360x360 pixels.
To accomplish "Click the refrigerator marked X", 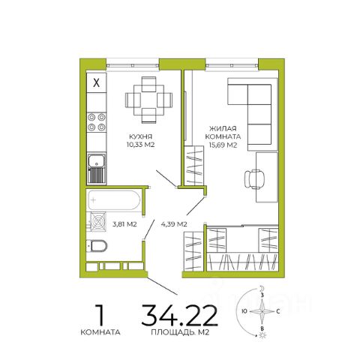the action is coord(96,82).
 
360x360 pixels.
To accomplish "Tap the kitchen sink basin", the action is coord(96,160).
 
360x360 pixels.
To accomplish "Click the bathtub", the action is coord(113,200).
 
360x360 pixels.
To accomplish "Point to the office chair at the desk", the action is coord(254,179).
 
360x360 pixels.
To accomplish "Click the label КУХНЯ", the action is coord(140,136).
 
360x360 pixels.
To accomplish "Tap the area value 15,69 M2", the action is coord(223,145).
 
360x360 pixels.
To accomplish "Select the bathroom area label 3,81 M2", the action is coord(124,224).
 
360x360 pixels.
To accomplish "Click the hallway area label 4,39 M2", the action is coord(174,224).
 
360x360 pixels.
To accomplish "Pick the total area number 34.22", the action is coord(179,315).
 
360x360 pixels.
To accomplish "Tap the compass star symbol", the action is coord(262,311).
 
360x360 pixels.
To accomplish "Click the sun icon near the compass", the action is coord(262,335).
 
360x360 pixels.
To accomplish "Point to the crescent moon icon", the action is coord(262,288).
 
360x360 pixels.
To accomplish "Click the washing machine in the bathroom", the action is coord(98,221).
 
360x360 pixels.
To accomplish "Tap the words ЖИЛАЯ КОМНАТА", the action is coord(223,133).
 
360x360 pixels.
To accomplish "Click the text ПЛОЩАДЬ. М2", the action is coord(180,332).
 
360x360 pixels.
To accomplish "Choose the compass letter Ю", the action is coord(244,311).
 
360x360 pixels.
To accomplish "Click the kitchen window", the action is coord(133,65).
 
